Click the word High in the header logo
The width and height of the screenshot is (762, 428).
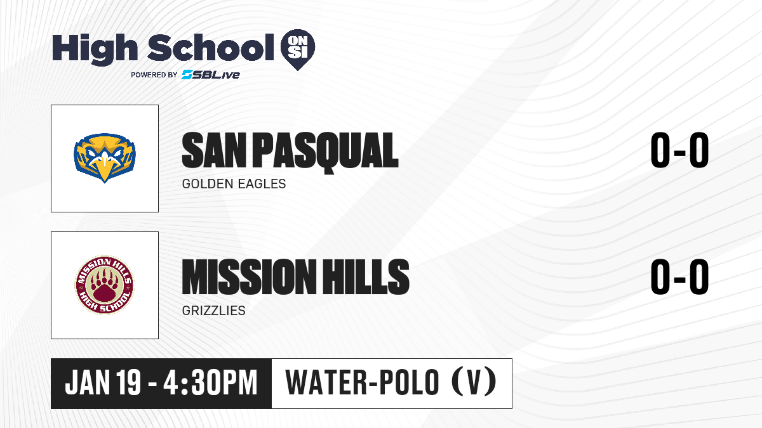(x=95, y=49)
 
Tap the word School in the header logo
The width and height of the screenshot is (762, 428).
(x=211, y=47)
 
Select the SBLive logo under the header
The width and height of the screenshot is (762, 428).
(x=210, y=74)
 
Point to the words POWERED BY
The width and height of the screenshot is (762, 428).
(x=154, y=75)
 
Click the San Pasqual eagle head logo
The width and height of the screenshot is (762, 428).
(x=105, y=158)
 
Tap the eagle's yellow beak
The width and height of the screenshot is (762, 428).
(x=105, y=167)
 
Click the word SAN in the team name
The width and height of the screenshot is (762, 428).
(x=214, y=150)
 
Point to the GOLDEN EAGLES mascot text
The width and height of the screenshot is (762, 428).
(x=234, y=184)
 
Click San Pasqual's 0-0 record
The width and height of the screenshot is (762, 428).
(x=679, y=150)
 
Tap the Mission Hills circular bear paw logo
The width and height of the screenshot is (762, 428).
(x=104, y=285)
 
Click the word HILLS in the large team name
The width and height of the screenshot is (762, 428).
(x=366, y=277)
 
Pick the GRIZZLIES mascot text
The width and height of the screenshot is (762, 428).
(x=213, y=311)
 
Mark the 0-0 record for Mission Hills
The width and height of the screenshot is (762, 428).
(x=679, y=277)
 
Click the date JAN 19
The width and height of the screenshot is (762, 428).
(x=103, y=383)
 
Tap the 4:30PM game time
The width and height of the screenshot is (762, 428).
(x=210, y=383)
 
